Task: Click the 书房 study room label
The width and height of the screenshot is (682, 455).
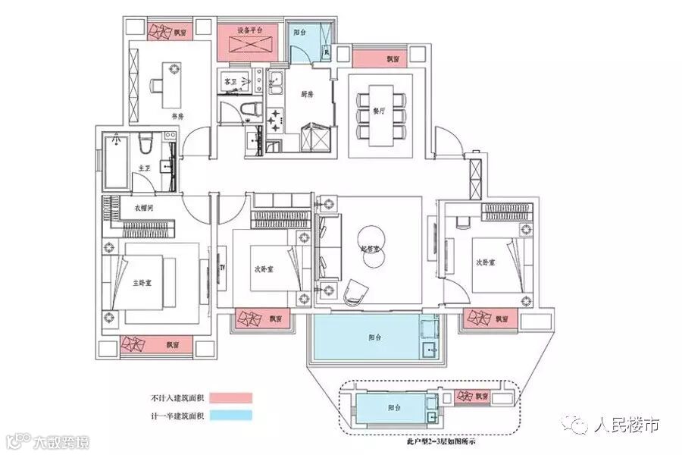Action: point(177,117)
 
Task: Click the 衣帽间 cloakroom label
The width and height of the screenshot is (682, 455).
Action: point(145,207)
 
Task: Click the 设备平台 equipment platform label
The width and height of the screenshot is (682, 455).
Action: point(249,30)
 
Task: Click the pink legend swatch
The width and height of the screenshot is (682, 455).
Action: point(230,397)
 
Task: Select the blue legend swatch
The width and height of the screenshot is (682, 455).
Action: point(230,416)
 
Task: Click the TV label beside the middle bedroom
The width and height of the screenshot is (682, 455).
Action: point(223,268)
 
